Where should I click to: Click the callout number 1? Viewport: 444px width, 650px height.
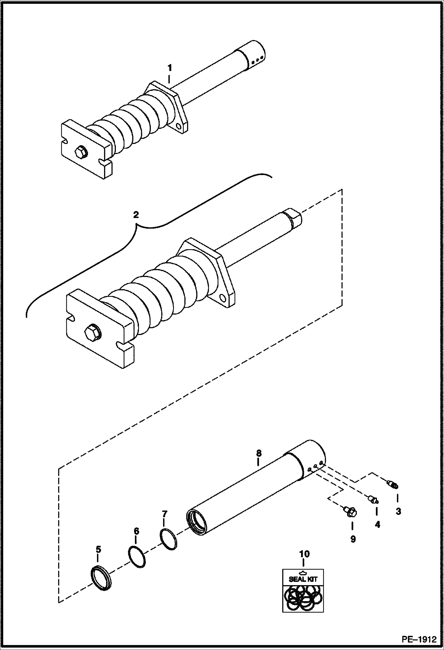(x=170, y=68)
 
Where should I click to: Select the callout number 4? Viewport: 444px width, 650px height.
(x=377, y=525)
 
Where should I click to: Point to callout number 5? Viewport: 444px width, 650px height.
(x=98, y=550)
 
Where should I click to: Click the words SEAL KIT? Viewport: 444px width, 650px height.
(x=303, y=579)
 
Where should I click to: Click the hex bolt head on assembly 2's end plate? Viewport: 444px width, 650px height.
(x=93, y=332)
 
